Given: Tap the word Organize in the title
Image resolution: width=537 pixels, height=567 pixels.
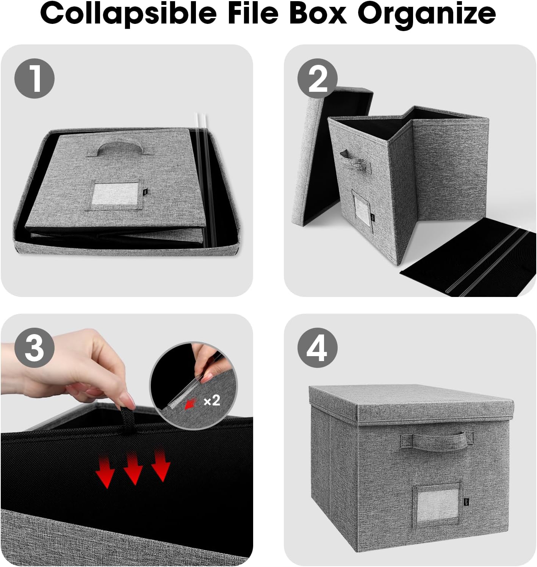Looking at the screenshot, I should pos(427,14).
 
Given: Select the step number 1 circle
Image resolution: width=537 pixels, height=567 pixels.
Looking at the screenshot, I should pos(34,79).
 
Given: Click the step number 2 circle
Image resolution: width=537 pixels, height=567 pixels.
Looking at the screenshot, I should pos(318,79).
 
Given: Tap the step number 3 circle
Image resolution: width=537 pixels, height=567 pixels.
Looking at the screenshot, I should pos(34,347).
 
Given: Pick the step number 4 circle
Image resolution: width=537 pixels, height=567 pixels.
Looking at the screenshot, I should pos(318,347).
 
